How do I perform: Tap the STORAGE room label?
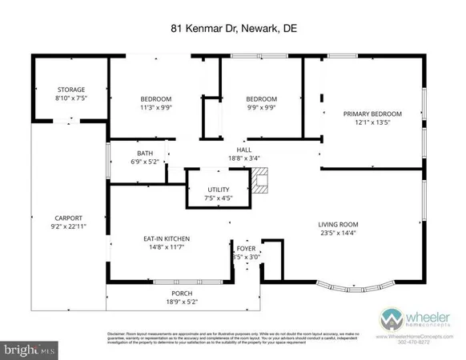(x=70, y=90)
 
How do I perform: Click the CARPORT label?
(x=69, y=218)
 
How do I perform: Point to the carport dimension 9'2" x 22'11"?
(x=69, y=227)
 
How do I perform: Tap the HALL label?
(x=243, y=150)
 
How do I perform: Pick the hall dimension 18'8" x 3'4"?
(x=243, y=159)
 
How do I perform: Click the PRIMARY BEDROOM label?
(x=372, y=114)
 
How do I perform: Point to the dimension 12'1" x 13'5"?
(x=372, y=123)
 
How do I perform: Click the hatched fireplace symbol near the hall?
(x=258, y=183)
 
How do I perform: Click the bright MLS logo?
(x=29, y=350)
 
